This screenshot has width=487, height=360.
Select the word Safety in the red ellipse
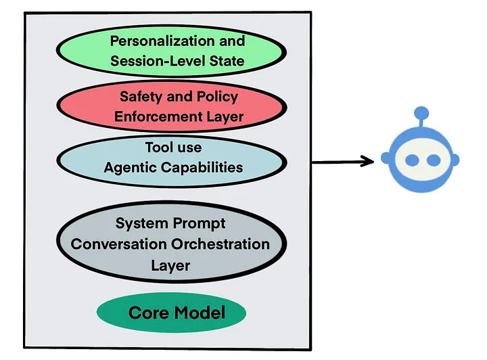142,96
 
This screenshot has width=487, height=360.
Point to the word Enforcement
158,116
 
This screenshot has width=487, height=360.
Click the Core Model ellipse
170,313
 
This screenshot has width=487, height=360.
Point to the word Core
148,313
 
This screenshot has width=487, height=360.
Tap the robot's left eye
411,160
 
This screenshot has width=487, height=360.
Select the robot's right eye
433,160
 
